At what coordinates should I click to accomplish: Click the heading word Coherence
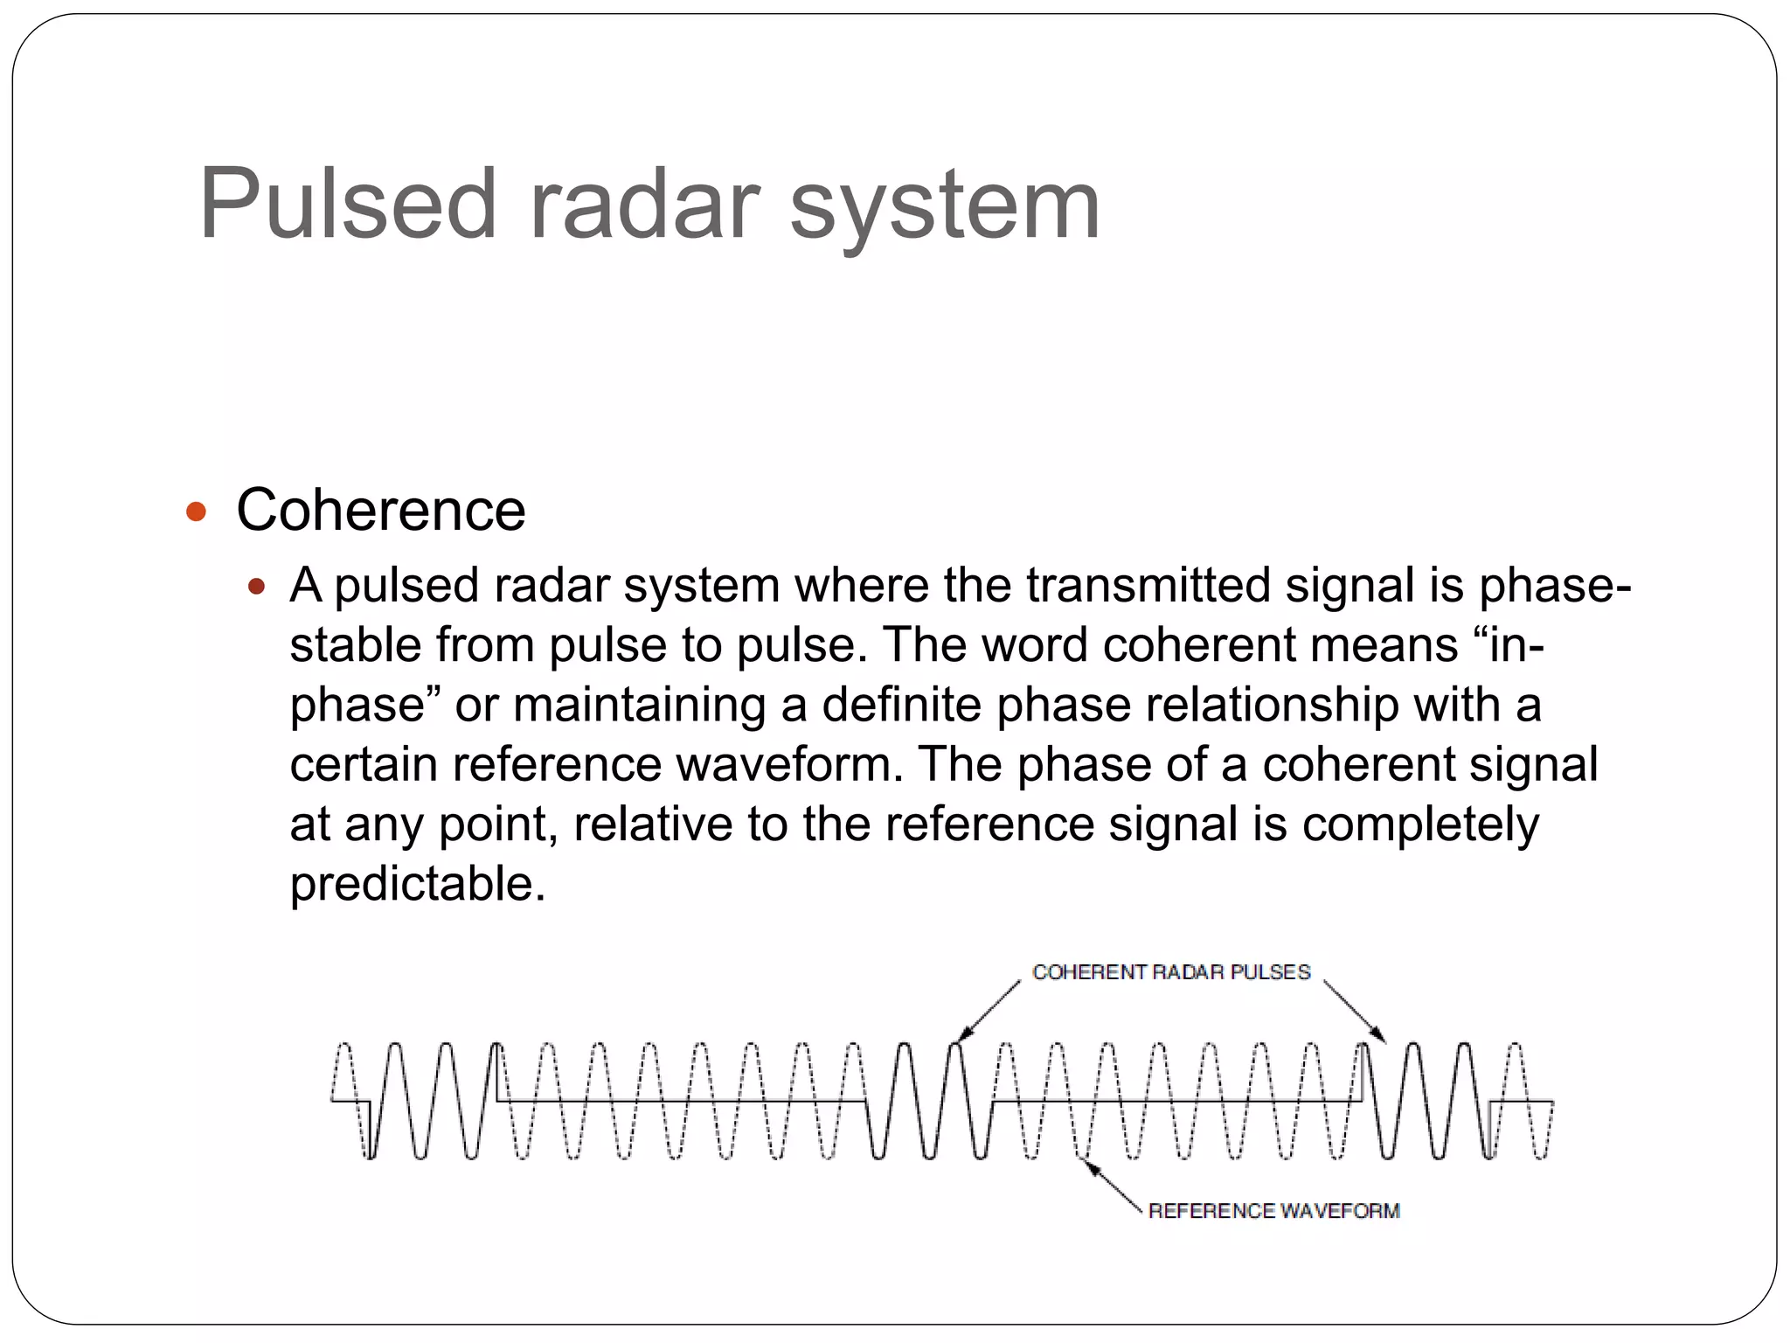381,510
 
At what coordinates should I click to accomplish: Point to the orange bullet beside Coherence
197,511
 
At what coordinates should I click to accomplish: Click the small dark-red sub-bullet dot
256,586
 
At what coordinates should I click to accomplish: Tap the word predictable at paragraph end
418,884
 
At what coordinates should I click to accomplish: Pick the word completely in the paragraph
1420,825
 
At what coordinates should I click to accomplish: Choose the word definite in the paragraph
901,704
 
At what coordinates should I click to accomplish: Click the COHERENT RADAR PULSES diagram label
1171,972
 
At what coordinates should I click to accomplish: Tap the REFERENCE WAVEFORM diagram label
1273,1211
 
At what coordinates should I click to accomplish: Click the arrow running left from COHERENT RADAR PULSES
989,1011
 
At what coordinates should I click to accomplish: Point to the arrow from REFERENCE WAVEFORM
1111,1185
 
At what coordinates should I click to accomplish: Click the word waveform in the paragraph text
790,764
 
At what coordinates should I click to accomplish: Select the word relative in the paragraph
653,824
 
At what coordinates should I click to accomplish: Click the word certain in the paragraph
363,764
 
